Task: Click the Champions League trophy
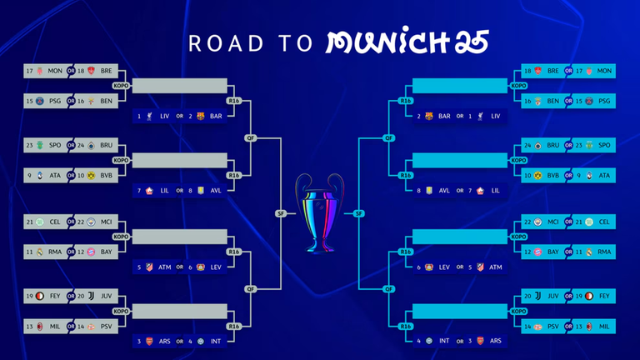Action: pyautogui.click(x=320, y=212)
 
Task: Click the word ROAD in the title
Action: pyautogui.click(x=216, y=42)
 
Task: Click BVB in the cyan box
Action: pyautogui.click(x=552, y=175)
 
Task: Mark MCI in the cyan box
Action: pyautogui.click(x=552, y=222)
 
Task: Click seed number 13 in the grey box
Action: pyautogui.click(x=30, y=327)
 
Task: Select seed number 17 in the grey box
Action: pyautogui.click(x=30, y=72)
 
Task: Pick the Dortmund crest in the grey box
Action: pyautogui.click(x=91, y=175)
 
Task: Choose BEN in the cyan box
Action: pyautogui.click(x=552, y=100)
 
